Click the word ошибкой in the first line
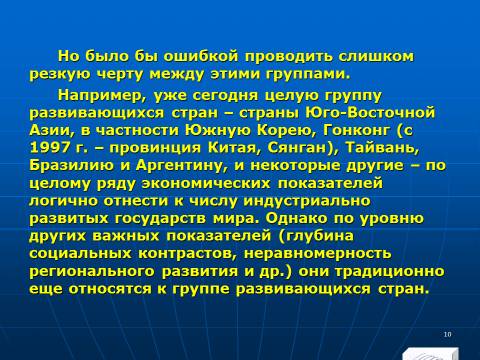click(201, 56)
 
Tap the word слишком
click(376, 56)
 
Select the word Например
click(102, 96)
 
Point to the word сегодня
click(226, 96)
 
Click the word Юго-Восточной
click(370, 113)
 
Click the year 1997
click(50, 148)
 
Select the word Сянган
click(301, 148)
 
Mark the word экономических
click(206, 183)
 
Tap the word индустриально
click(307, 201)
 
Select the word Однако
click(295, 219)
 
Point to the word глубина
click(319, 236)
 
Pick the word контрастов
click(187, 254)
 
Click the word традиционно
click(390, 271)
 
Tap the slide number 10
click(447, 334)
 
